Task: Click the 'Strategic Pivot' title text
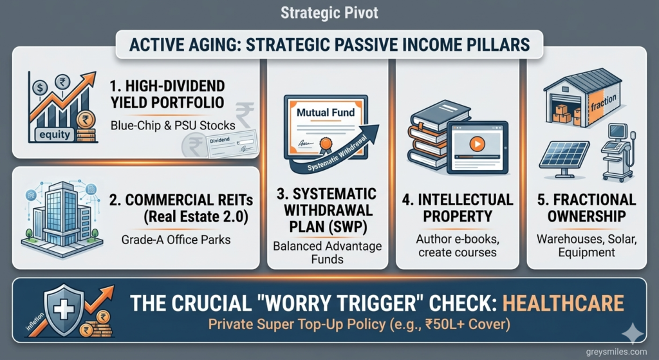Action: tap(329, 12)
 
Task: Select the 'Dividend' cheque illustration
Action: tap(229, 144)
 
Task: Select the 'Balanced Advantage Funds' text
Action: tap(327, 253)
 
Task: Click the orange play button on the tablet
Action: tap(476, 144)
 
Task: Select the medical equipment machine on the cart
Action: tap(616, 149)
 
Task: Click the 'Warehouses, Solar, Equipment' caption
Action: tap(586, 246)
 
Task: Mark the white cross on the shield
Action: tap(66, 307)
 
